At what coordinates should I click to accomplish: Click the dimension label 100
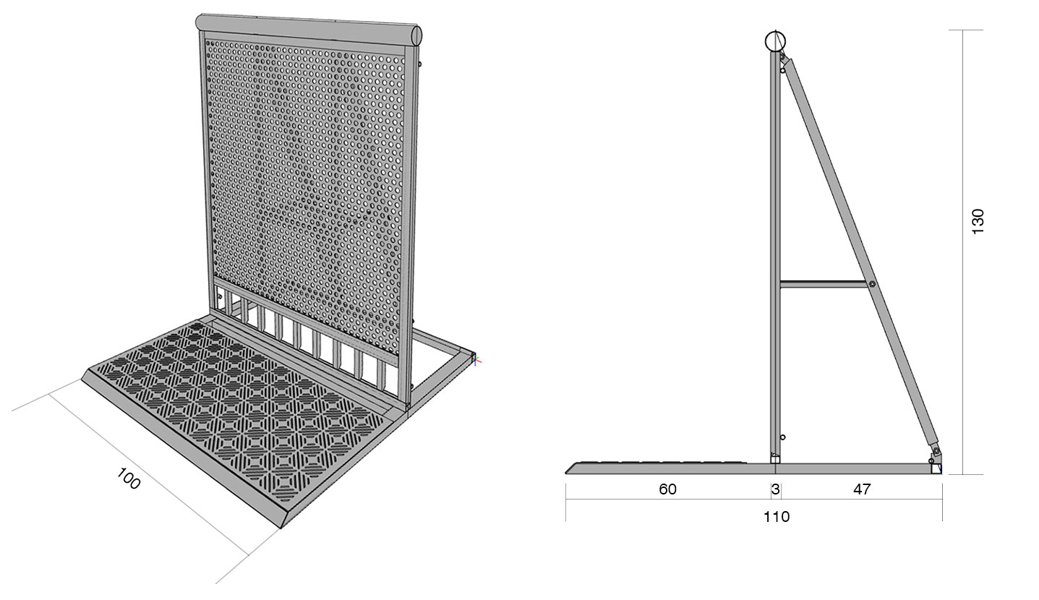tap(128, 479)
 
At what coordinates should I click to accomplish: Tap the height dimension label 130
tap(978, 222)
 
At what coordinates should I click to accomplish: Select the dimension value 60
tap(667, 489)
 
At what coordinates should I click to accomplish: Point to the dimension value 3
tap(776, 489)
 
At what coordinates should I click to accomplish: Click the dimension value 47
tap(862, 489)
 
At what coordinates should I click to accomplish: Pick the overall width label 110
tap(777, 517)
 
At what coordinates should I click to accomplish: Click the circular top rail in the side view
tap(775, 40)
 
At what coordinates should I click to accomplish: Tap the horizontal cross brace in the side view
tap(824, 284)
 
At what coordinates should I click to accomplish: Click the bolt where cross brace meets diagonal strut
tap(871, 284)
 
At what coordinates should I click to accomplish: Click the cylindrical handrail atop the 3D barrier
tap(309, 27)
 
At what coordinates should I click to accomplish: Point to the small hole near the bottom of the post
tap(783, 437)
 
